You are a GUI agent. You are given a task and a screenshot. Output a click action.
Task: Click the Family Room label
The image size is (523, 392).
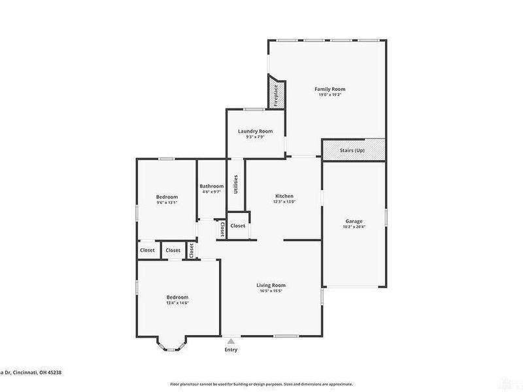(329, 89)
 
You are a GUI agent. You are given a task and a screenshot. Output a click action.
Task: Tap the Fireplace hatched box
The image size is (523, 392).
(276, 92)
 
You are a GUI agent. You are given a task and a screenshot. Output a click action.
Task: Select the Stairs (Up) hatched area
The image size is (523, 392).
(352, 150)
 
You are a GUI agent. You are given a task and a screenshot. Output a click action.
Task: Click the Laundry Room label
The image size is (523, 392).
(255, 131)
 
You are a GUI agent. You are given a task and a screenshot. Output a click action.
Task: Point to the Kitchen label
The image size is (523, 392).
(284, 196)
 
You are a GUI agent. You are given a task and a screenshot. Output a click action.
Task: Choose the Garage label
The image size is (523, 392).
(354, 221)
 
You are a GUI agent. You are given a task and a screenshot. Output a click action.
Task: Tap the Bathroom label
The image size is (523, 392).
(211, 186)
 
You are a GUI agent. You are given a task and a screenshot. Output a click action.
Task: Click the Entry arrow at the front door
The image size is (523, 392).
(231, 340)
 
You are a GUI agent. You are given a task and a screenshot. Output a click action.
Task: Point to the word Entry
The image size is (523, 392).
(231, 350)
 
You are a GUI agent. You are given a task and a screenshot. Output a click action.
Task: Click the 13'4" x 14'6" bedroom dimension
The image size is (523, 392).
(177, 302)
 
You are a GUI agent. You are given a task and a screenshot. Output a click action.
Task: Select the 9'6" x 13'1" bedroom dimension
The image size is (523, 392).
(167, 203)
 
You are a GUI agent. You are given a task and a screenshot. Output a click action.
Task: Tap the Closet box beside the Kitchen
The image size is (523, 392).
(237, 225)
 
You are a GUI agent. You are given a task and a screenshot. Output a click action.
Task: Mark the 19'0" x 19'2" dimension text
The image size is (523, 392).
(329, 95)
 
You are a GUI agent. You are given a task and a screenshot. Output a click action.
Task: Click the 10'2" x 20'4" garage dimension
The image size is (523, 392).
(354, 227)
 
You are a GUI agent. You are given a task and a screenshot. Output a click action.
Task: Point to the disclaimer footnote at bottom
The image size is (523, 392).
(261, 384)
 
